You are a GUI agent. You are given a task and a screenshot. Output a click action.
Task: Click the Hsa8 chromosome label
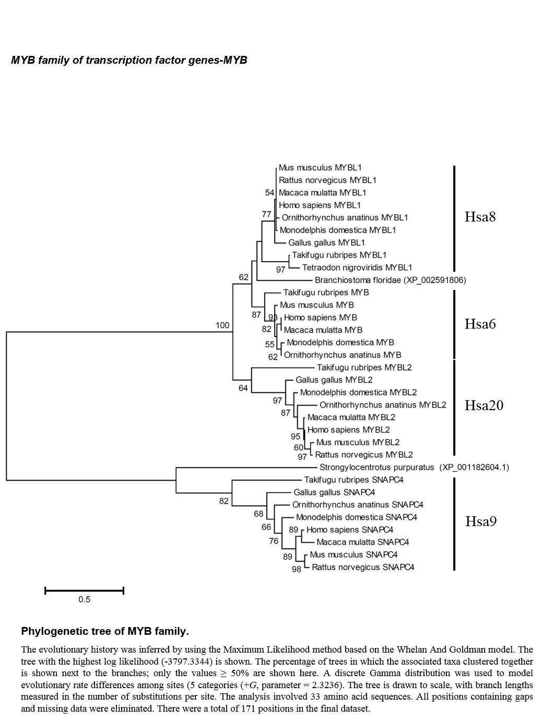coord(480,217)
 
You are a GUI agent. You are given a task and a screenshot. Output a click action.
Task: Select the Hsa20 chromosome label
coord(484,405)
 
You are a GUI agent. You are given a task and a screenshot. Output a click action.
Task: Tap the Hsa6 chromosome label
coord(480,324)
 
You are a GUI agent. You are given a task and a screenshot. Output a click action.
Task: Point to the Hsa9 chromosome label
coord(481,521)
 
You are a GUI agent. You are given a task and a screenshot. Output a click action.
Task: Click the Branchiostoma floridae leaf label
coord(390,280)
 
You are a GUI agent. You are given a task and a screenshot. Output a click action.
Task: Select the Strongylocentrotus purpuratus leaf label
coord(414,467)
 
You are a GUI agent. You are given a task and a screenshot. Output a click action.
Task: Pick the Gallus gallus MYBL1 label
coord(326,243)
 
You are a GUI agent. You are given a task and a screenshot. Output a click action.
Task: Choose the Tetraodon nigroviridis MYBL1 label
coord(357,268)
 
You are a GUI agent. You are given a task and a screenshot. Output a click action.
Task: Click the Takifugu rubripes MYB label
coord(326,292)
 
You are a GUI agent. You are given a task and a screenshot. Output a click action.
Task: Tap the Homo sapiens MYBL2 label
coord(349,429)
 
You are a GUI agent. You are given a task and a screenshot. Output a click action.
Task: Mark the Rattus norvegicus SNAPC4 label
coord(363,567)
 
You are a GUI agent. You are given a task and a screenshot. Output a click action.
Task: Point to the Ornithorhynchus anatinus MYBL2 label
coord(383,405)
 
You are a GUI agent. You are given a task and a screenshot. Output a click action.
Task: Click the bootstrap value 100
coord(222,325)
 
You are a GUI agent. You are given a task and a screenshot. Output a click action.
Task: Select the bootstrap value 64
coord(243,388)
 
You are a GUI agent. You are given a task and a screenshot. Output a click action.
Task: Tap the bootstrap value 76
coord(274,541)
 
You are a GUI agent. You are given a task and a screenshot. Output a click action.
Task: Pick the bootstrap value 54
coord(269,193)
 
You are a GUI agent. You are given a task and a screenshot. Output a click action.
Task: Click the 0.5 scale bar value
coord(84,599)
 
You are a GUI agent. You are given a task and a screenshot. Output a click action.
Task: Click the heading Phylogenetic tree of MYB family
coord(105,631)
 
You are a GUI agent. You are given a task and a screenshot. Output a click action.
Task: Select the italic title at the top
coord(129,60)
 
